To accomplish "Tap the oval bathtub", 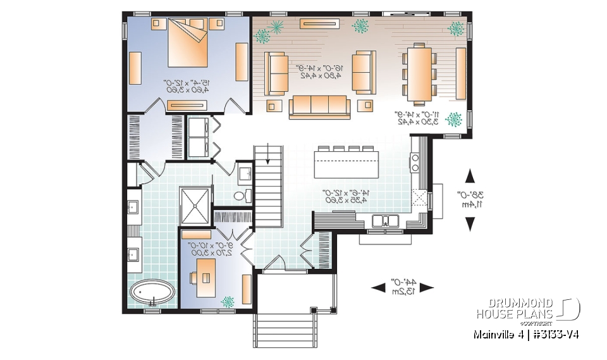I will (153, 294).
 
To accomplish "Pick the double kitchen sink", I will (384, 221).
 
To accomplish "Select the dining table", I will (418, 73).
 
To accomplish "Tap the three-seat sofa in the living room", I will (319, 106).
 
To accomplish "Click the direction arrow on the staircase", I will (268, 154).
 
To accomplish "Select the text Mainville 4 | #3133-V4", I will (525, 334).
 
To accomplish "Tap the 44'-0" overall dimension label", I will (402, 286).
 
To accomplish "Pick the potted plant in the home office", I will (226, 303).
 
